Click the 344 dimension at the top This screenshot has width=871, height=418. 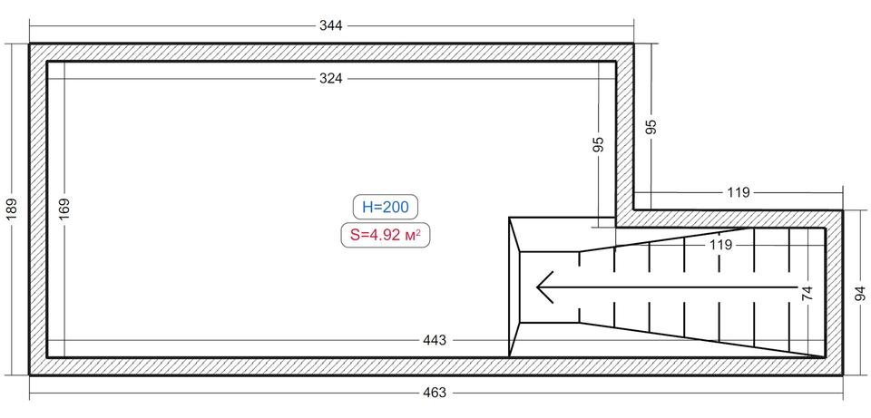click(x=331, y=25)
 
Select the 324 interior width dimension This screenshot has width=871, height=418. click(x=331, y=79)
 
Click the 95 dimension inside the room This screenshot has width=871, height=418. click(x=598, y=145)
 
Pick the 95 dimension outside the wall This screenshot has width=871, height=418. click(x=652, y=127)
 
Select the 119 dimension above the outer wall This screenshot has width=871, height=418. click(x=739, y=192)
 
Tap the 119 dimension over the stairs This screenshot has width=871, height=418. click(x=720, y=244)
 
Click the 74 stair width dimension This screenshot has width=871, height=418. click(x=807, y=293)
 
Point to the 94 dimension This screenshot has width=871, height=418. click(x=861, y=293)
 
